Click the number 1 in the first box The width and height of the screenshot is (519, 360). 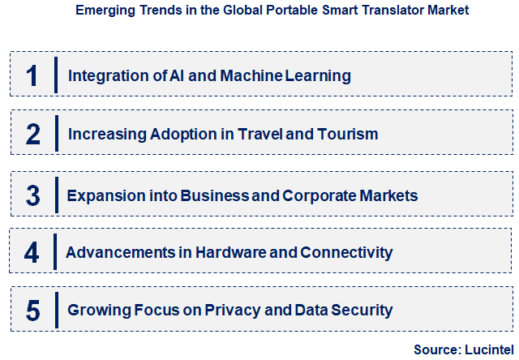(x=32, y=76)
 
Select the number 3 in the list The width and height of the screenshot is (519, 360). (x=32, y=195)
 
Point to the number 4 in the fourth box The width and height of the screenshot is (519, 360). (x=32, y=252)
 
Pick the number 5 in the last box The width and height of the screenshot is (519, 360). (x=32, y=310)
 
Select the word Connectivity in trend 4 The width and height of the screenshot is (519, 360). (x=346, y=252)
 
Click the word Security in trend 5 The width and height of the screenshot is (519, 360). (x=361, y=310)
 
